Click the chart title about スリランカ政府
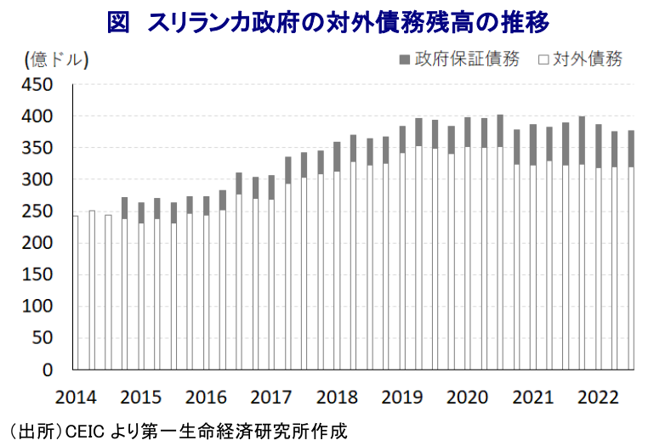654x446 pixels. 327,22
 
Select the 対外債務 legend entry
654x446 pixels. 588,59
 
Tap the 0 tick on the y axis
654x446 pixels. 48,370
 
